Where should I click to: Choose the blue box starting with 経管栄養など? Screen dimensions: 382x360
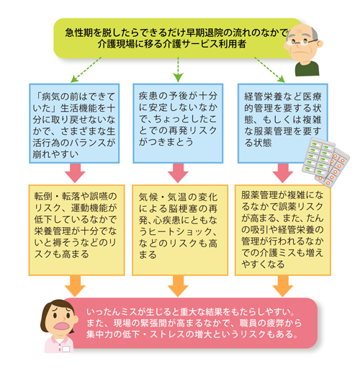[x=281, y=115]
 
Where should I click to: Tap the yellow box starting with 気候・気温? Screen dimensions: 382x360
[x=178, y=223]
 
